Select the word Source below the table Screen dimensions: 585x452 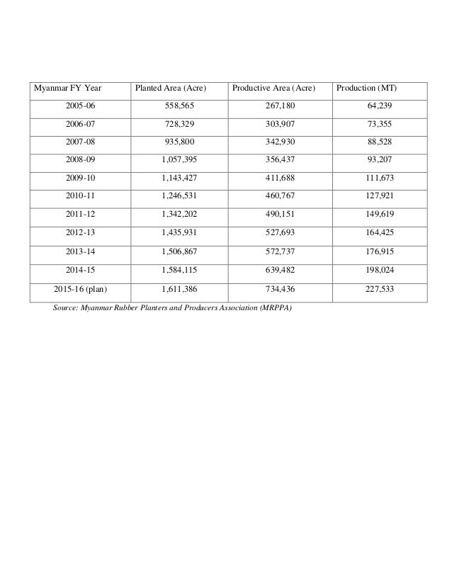[x=66, y=308]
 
